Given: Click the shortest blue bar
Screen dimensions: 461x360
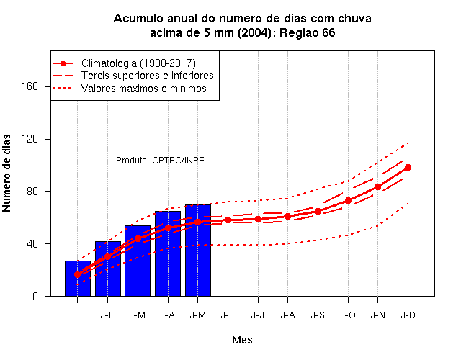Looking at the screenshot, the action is coord(78,279).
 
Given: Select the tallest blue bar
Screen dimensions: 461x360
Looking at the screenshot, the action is coord(198,251).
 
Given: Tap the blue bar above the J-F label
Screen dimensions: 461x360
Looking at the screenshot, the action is coord(108,269).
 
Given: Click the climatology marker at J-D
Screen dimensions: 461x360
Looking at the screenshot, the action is coord(408,168).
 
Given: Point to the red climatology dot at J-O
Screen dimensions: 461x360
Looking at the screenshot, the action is coord(348,201).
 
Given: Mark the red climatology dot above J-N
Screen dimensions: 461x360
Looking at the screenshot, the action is coord(377,187).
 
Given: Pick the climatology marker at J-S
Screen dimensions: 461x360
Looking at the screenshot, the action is coord(318,211).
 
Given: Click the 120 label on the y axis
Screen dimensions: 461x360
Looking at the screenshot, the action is coord(30,139).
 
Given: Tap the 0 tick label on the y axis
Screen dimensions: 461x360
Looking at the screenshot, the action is coord(35,296).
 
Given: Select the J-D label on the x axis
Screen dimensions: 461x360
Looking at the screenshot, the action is coord(408,315).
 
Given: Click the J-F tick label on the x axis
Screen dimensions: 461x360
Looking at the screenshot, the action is coord(107,315).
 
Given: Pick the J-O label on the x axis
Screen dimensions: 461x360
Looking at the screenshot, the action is coord(348,315).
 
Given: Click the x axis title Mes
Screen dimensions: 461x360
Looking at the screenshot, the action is coord(242,340).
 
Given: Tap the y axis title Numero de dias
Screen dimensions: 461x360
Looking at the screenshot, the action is coord(6,173).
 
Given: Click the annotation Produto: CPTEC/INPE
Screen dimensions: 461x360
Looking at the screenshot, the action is coord(160,161).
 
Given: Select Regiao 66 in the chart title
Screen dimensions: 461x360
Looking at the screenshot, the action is coord(308,33).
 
